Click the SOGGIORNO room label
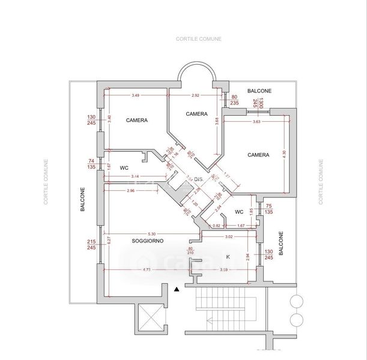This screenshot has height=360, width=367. tap(148, 241)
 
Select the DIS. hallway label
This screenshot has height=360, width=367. tap(199, 179)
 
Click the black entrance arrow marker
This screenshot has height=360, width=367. tap(176, 290)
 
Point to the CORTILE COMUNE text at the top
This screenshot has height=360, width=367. tap(199, 39)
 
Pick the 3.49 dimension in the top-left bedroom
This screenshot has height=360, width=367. tap(136, 95)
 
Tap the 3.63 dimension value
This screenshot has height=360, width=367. tap(256, 122)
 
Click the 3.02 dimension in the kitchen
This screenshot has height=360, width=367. tap(229, 237)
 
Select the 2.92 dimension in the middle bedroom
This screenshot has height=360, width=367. tap(196, 95)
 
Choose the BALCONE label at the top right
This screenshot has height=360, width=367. tap(259, 91)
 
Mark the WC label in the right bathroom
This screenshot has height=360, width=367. tap(238, 211)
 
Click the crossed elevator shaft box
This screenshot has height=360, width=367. tap(150, 319)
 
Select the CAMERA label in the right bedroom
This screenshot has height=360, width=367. tap(258, 154)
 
